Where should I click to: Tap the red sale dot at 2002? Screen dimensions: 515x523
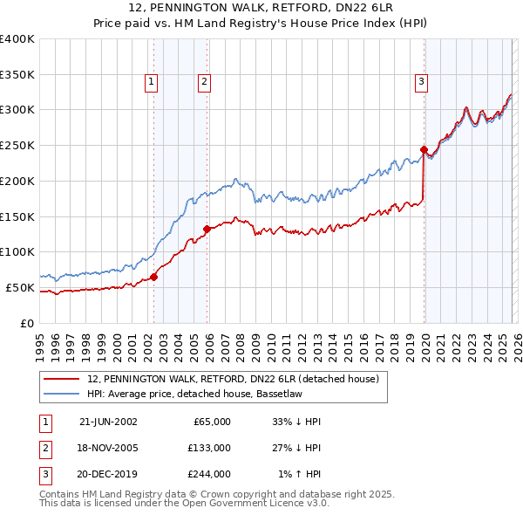pos(154,277)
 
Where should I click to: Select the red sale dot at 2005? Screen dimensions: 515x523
pos(207,229)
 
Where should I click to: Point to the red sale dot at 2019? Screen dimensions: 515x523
pos(424,149)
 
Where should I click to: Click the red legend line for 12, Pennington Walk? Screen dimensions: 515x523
pos(63,380)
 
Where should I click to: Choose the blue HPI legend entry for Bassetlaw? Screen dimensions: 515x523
pos(63,395)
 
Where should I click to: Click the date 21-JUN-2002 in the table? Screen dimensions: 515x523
pos(108,422)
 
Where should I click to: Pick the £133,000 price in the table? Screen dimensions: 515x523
pos(209,448)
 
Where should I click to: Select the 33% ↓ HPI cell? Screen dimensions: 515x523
pos(296,422)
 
